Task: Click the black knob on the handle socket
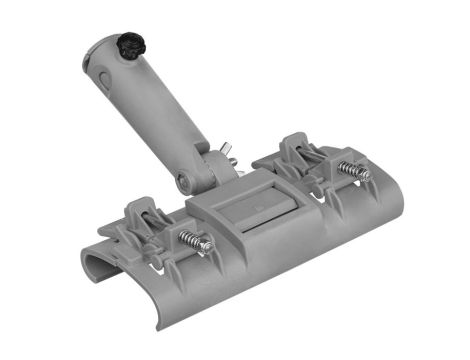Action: (128, 46)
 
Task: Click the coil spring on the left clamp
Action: (194, 241)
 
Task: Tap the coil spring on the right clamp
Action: (352, 170)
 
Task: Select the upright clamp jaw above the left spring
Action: (140, 213)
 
